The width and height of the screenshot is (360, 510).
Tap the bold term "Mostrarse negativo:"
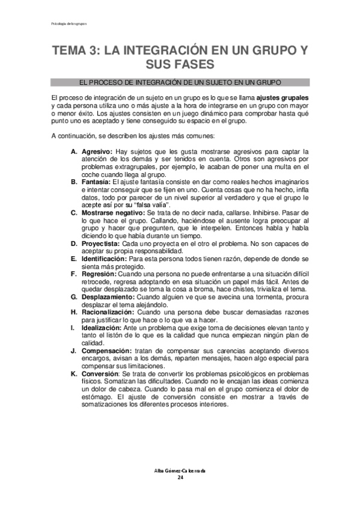[112, 212]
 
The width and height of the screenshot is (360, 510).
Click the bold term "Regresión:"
[98, 273]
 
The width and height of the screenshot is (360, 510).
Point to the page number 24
[180, 477]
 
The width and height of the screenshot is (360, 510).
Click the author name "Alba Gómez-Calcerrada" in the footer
[180, 470]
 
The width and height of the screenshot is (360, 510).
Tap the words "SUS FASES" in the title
[180, 64]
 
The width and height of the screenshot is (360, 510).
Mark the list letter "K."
[74, 373]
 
